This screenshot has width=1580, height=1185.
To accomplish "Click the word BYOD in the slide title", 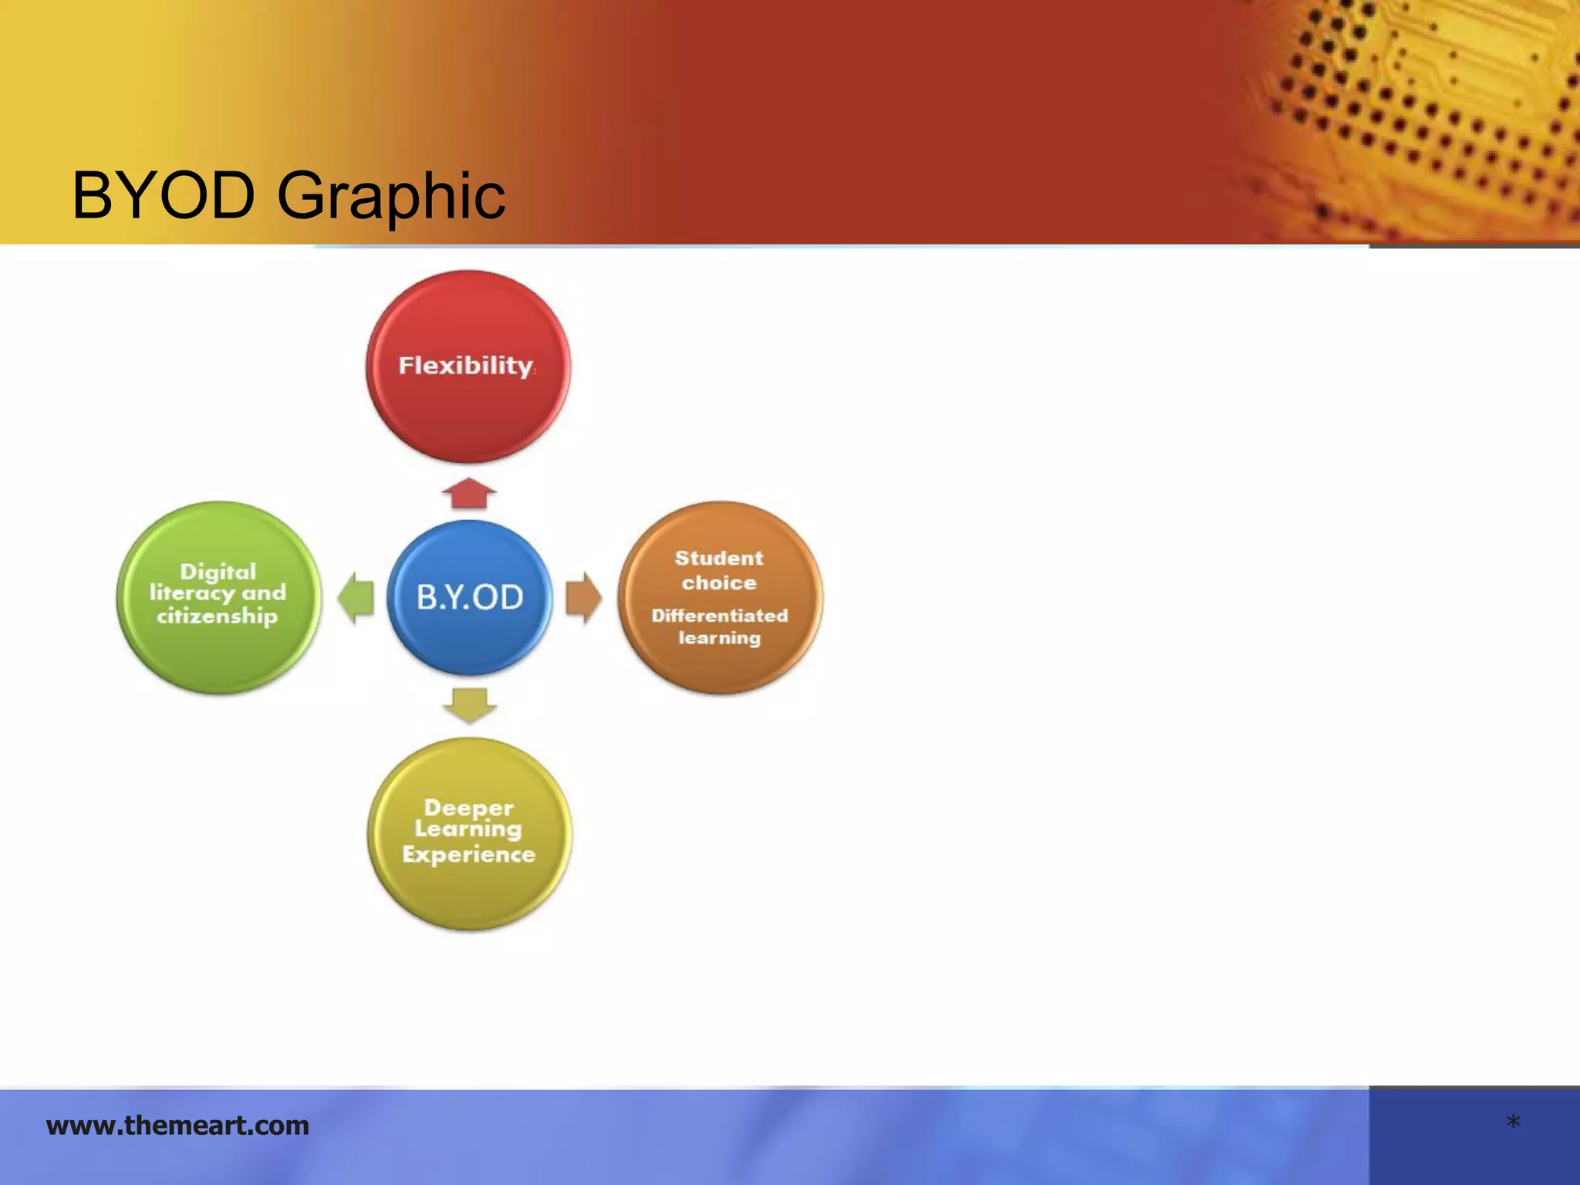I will point(164,196).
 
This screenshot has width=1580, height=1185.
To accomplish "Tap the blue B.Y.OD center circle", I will point(470,598).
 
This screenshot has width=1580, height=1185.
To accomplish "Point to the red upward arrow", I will point(469,494).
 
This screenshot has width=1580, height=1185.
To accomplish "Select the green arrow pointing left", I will point(356,598).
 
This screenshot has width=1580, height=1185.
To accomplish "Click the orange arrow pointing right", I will point(583,598).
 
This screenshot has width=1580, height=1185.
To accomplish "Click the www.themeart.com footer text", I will point(177,1126).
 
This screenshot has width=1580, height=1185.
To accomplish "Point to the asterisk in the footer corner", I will point(1513,1123).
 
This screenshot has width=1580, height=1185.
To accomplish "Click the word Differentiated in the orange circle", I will point(719,616).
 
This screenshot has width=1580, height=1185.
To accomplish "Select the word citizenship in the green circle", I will point(217,616).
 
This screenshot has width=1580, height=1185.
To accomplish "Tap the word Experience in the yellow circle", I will point(468,855).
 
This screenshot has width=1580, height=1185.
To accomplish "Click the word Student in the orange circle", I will point(719,558).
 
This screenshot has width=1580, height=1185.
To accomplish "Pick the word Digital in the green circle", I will point(218,572).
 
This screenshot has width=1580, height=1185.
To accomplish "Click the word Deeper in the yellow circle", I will point(468,808).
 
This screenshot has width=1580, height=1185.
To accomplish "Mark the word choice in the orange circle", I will point(719,582).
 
